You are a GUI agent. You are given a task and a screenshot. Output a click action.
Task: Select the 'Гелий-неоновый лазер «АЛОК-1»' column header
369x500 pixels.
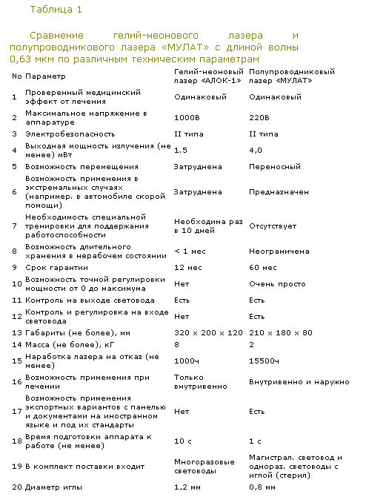[207, 76]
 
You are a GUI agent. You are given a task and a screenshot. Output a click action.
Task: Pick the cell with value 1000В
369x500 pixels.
[185, 117]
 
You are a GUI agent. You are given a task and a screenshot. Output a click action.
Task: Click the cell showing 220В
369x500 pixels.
[259, 117]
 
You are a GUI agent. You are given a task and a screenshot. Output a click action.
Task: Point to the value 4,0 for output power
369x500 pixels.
[256, 150]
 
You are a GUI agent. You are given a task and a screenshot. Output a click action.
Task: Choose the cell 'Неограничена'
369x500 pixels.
[279, 251]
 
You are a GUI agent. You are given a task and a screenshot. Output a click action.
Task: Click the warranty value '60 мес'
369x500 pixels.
[263, 267]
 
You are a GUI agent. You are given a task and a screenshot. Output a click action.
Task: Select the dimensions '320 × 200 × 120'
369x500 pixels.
[208, 332]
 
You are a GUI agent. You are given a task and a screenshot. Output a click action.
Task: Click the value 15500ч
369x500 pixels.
[264, 361]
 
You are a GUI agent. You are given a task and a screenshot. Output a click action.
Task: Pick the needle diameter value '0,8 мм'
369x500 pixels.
[262, 487]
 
